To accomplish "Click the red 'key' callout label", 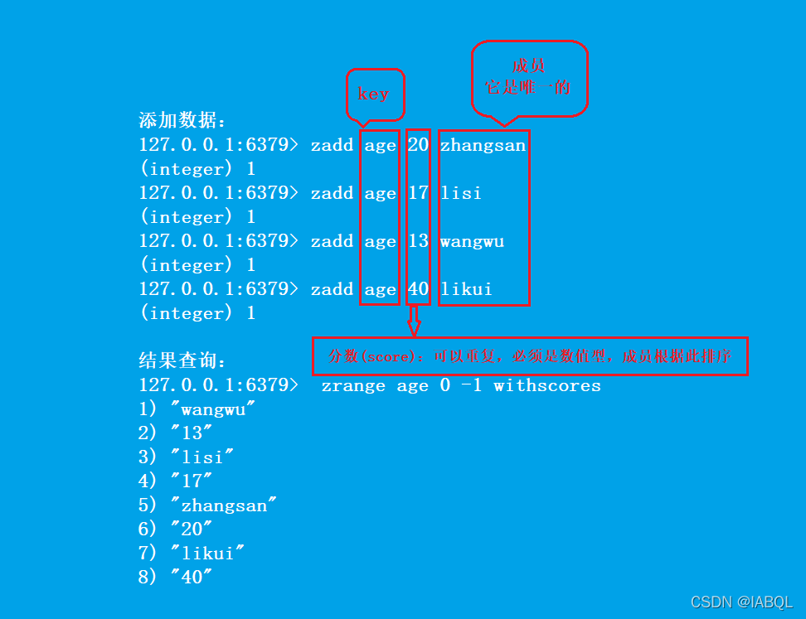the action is coord(374,94).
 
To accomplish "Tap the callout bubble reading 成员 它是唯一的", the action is coord(529,77).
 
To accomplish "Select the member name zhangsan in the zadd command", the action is coord(483,146).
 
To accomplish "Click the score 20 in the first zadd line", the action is coord(418,145).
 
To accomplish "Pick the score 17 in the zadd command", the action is coord(418,193).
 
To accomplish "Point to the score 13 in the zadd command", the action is coord(418,241).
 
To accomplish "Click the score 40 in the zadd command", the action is coord(418,289).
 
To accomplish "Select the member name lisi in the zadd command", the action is coord(461,193).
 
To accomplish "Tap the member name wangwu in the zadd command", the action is coord(472,241).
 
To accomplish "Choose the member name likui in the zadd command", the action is coord(466,289).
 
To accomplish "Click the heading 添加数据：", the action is coord(182,120).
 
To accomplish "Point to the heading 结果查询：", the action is coord(182,361).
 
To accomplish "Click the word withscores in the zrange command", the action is coord(547,385).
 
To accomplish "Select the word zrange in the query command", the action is coord(353,385).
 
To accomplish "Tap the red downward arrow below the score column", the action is coord(413,321).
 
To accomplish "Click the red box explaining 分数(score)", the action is coord(530,356).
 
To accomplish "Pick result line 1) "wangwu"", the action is coord(197,409).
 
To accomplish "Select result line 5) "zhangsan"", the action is coord(208,505).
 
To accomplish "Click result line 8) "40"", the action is coord(176,578).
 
